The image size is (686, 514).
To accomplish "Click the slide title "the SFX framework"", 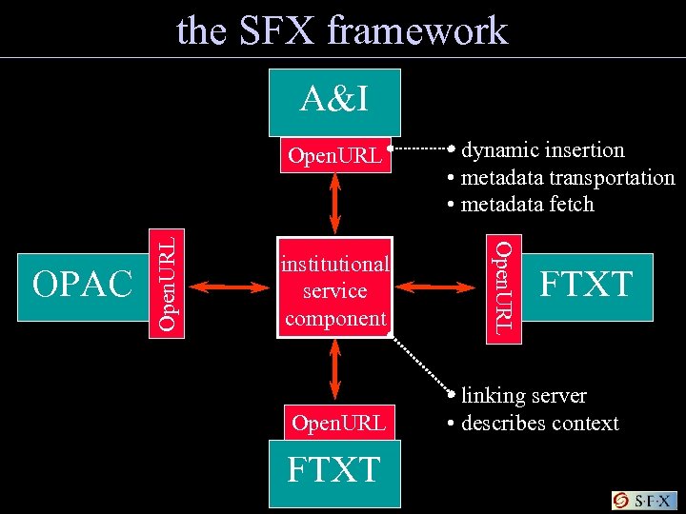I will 342,30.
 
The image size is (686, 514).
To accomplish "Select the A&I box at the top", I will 334,99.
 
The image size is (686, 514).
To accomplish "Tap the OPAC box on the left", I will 83,283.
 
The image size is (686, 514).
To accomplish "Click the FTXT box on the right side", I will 586,284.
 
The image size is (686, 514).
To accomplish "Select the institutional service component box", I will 334,290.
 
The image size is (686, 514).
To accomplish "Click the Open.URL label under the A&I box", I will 334,155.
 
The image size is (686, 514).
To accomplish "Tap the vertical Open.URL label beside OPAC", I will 168,284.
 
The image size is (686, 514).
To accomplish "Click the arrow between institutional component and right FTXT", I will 439,284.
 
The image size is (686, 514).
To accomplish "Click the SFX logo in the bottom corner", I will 644,501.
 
